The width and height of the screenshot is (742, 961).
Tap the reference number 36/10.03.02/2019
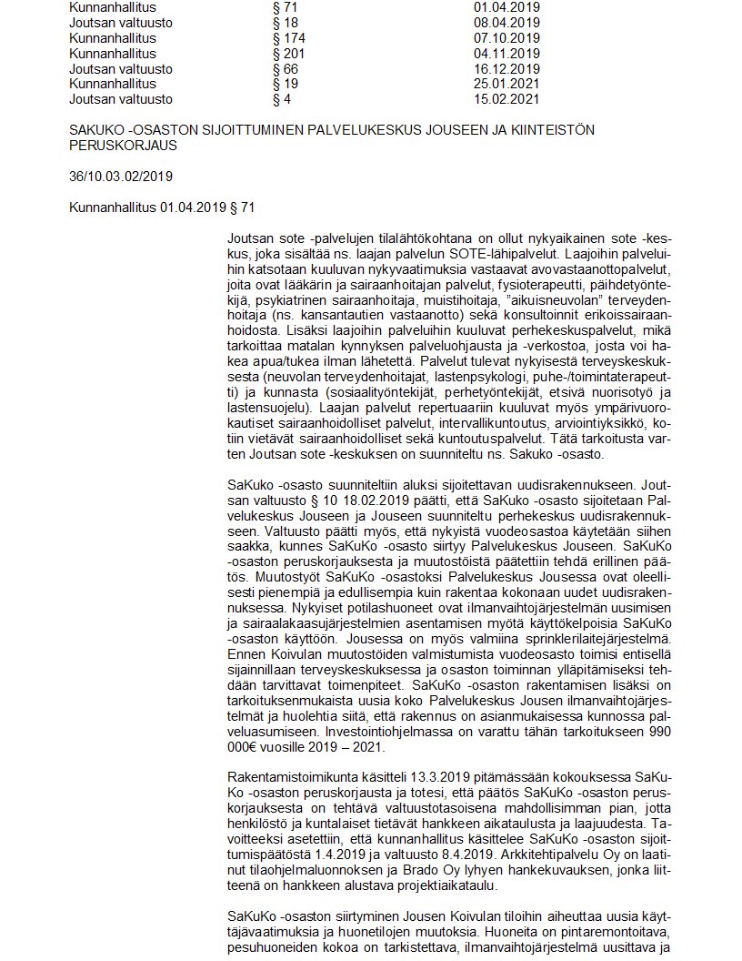(121, 176)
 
